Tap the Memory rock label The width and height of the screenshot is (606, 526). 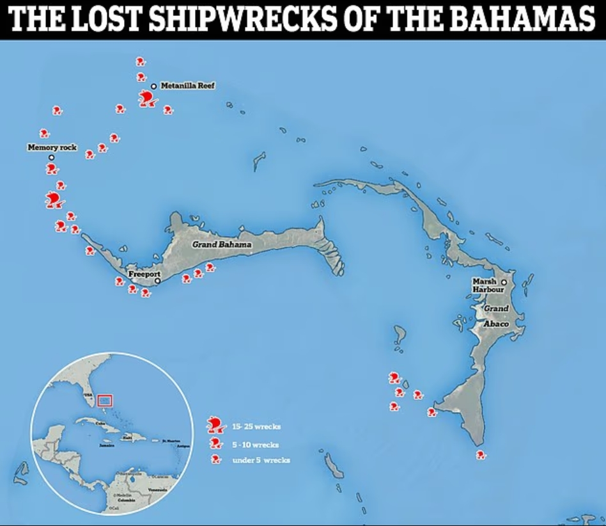[x=52, y=147]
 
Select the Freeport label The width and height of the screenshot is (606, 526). [x=144, y=274]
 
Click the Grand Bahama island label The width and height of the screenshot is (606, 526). [x=222, y=244]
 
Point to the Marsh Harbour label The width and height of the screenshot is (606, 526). [x=488, y=285]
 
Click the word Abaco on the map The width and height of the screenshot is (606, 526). [x=496, y=324]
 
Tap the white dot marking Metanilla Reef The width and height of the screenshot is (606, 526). [x=153, y=86]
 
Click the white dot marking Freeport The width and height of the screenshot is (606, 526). [x=157, y=280]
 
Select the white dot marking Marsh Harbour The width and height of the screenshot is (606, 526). [x=504, y=282]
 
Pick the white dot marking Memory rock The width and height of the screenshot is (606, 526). [x=52, y=157]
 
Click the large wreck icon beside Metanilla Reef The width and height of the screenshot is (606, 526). [x=148, y=99]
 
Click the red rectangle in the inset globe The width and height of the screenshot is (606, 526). [x=105, y=401]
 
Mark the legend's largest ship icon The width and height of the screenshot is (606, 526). [x=215, y=424]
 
